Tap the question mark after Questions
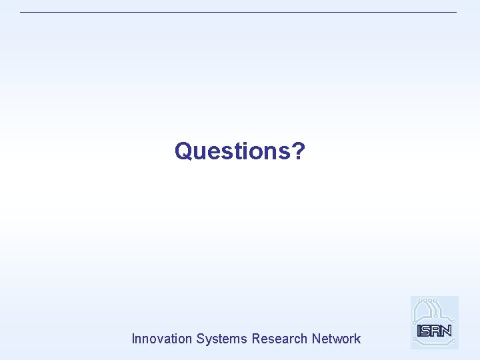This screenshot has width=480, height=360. pyautogui.click(x=299, y=151)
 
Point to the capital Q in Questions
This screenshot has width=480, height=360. pyautogui.click(x=183, y=151)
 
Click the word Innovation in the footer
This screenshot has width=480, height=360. pyautogui.click(x=162, y=339)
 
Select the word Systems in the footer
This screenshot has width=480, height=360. pyautogui.click(x=222, y=339)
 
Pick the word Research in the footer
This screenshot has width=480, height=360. pyautogui.click(x=279, y=339)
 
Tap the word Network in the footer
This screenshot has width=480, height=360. pyautogui.click(x=336, y=339)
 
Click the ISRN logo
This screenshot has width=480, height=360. pyautogui.click(x=435, y=323)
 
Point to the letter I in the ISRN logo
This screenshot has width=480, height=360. pyautogui.click(x=419, y=330)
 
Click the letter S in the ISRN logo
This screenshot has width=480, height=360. pyautogui.click(x=427, y=330)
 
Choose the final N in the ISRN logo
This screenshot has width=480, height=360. pyautogui.click(x=447, y=330)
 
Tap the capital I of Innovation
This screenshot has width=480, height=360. pyautogui.click(x=133, y=339)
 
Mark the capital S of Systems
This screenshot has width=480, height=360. pyautogui.click(x=200, y=339)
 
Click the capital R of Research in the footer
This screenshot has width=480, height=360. pyautogui.click(x=256, y=339)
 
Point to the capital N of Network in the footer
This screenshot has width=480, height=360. pyautogui.click(x=315, y=339)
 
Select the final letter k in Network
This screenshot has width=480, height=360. pyautogui.click(x=357, y=339)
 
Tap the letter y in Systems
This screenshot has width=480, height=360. pyautogui.click(x=209, y=340)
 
